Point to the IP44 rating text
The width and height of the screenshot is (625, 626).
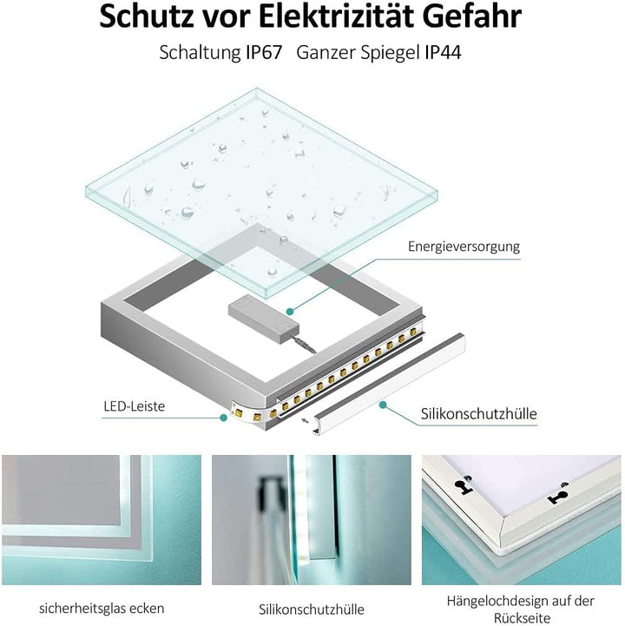coord(443,52)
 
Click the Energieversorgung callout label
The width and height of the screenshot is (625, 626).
coord(464,247)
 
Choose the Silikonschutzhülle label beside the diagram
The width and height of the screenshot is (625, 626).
coord(478,414)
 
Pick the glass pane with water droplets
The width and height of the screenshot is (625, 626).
coord(260,182)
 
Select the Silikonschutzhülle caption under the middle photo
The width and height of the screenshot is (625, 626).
coord(312,609)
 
